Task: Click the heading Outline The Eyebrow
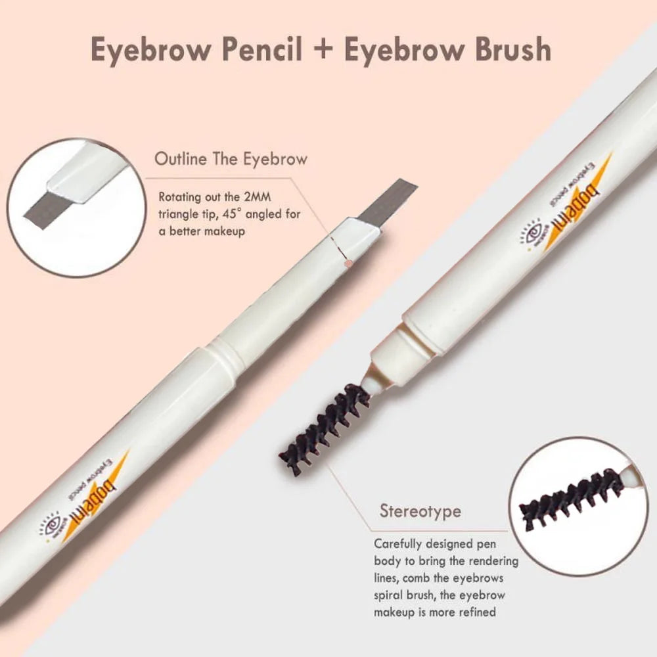pos(231,159)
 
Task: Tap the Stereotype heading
pos(420,510)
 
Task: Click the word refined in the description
pos(482,612)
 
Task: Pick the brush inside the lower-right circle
pos(572,500)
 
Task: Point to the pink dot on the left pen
pos(350,262)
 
